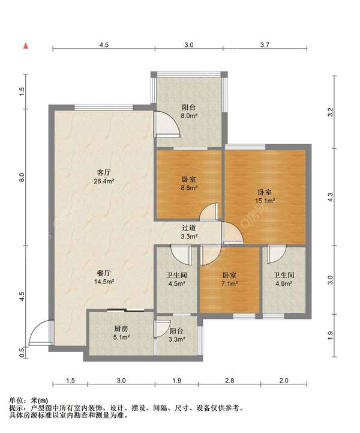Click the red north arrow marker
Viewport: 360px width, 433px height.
[x=26, y=46]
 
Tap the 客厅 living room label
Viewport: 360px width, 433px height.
[x=103, y=173]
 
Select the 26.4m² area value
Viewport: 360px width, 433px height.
[x=104, y=181]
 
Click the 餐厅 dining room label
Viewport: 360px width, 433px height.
[x=104, y=273]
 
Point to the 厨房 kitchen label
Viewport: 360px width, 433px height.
[x=121, y=329]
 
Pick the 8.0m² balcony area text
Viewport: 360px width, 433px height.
[x=189, y=116]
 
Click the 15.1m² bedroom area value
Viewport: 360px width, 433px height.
[x=265, y=201]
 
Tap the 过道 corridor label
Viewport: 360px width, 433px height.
[x=189, y=228]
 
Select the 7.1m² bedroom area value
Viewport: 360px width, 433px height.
[x=230, y=283]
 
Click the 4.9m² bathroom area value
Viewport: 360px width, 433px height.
[x=284, y=283]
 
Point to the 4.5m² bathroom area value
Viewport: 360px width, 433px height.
[x=176, y=283]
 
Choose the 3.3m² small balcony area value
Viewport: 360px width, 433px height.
[x=176, y=339]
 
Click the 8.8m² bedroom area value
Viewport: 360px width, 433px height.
[x=189, y=189]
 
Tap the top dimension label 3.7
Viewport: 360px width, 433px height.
[x=265, y=44]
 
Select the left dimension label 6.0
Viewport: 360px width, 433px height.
[x=22, y=177]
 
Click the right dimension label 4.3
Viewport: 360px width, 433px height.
[x=331, y=197]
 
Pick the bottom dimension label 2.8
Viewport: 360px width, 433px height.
[x=230, y=381]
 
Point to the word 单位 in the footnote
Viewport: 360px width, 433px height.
[x=16, y=400]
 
